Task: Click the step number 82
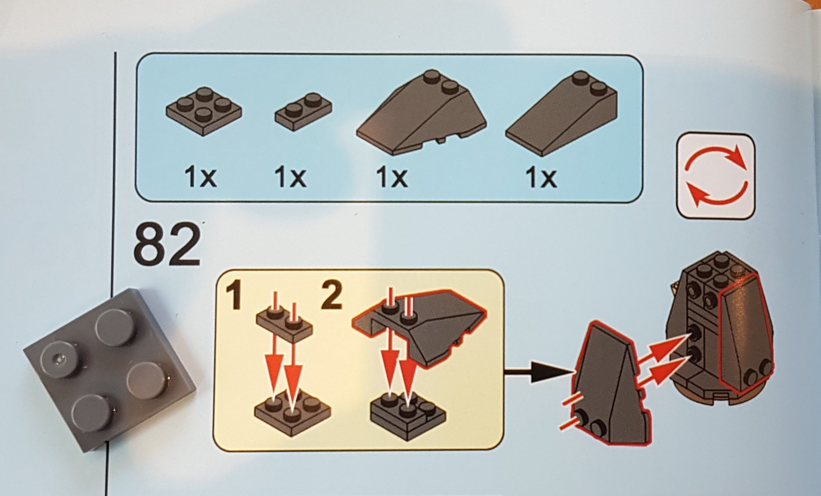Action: (x=167, y=244)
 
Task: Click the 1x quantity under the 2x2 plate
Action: (x=201, y=177)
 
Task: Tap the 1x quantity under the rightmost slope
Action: (x=541, y=178)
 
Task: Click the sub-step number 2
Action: (x=331, y=295)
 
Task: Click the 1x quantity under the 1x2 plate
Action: (x=290, y=177)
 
